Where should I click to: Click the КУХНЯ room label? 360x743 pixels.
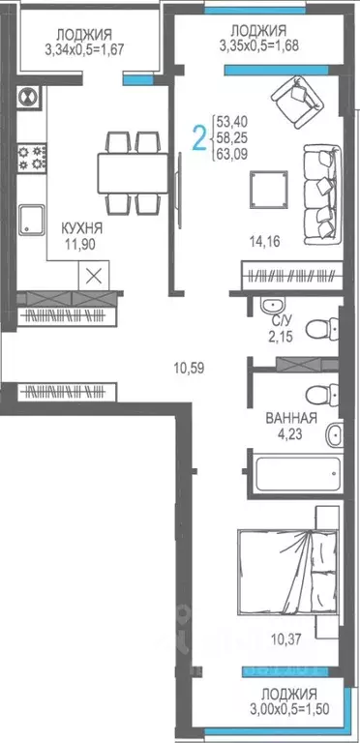point(82,227)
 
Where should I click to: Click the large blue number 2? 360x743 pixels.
point(198,139)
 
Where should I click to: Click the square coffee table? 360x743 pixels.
point(268,189)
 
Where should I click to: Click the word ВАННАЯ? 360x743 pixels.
point(291,419)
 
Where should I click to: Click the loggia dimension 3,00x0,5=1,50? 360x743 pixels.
point(289,710)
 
